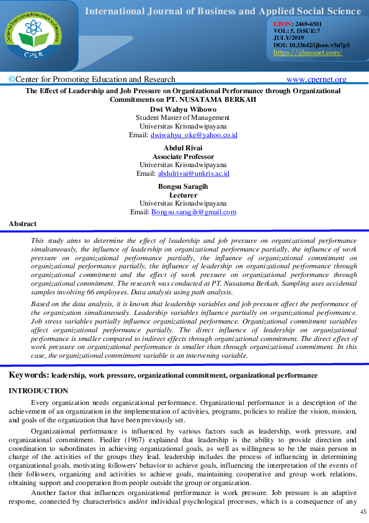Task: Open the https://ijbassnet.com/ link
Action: pyautogui.click(x=308, y=53)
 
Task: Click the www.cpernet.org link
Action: pyautogui.click(x=316, y=79)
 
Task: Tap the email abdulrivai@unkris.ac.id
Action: pyautogui.click(x=193, y=173)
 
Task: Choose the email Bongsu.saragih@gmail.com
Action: pyautogui.click(x=193, y=212)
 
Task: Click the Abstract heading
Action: pyautogui.click(x=23, y=224)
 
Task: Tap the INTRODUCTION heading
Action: pyautogui.click(x=38, y=391)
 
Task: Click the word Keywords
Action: pyautogui.click(x=28, y=375)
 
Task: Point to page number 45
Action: pyautogui.click(x=363, y=512)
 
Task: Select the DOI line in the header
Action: pyautogui.click(x=311, y=45)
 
